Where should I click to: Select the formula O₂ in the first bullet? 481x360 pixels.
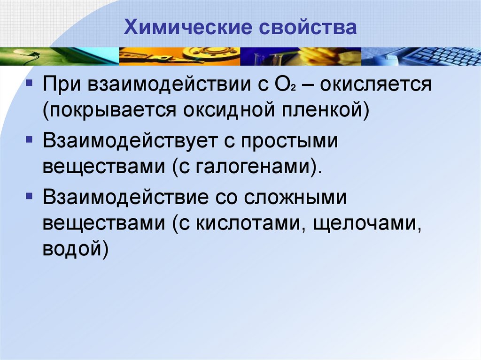point(284,86)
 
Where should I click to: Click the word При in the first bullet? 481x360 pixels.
point(60,86)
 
